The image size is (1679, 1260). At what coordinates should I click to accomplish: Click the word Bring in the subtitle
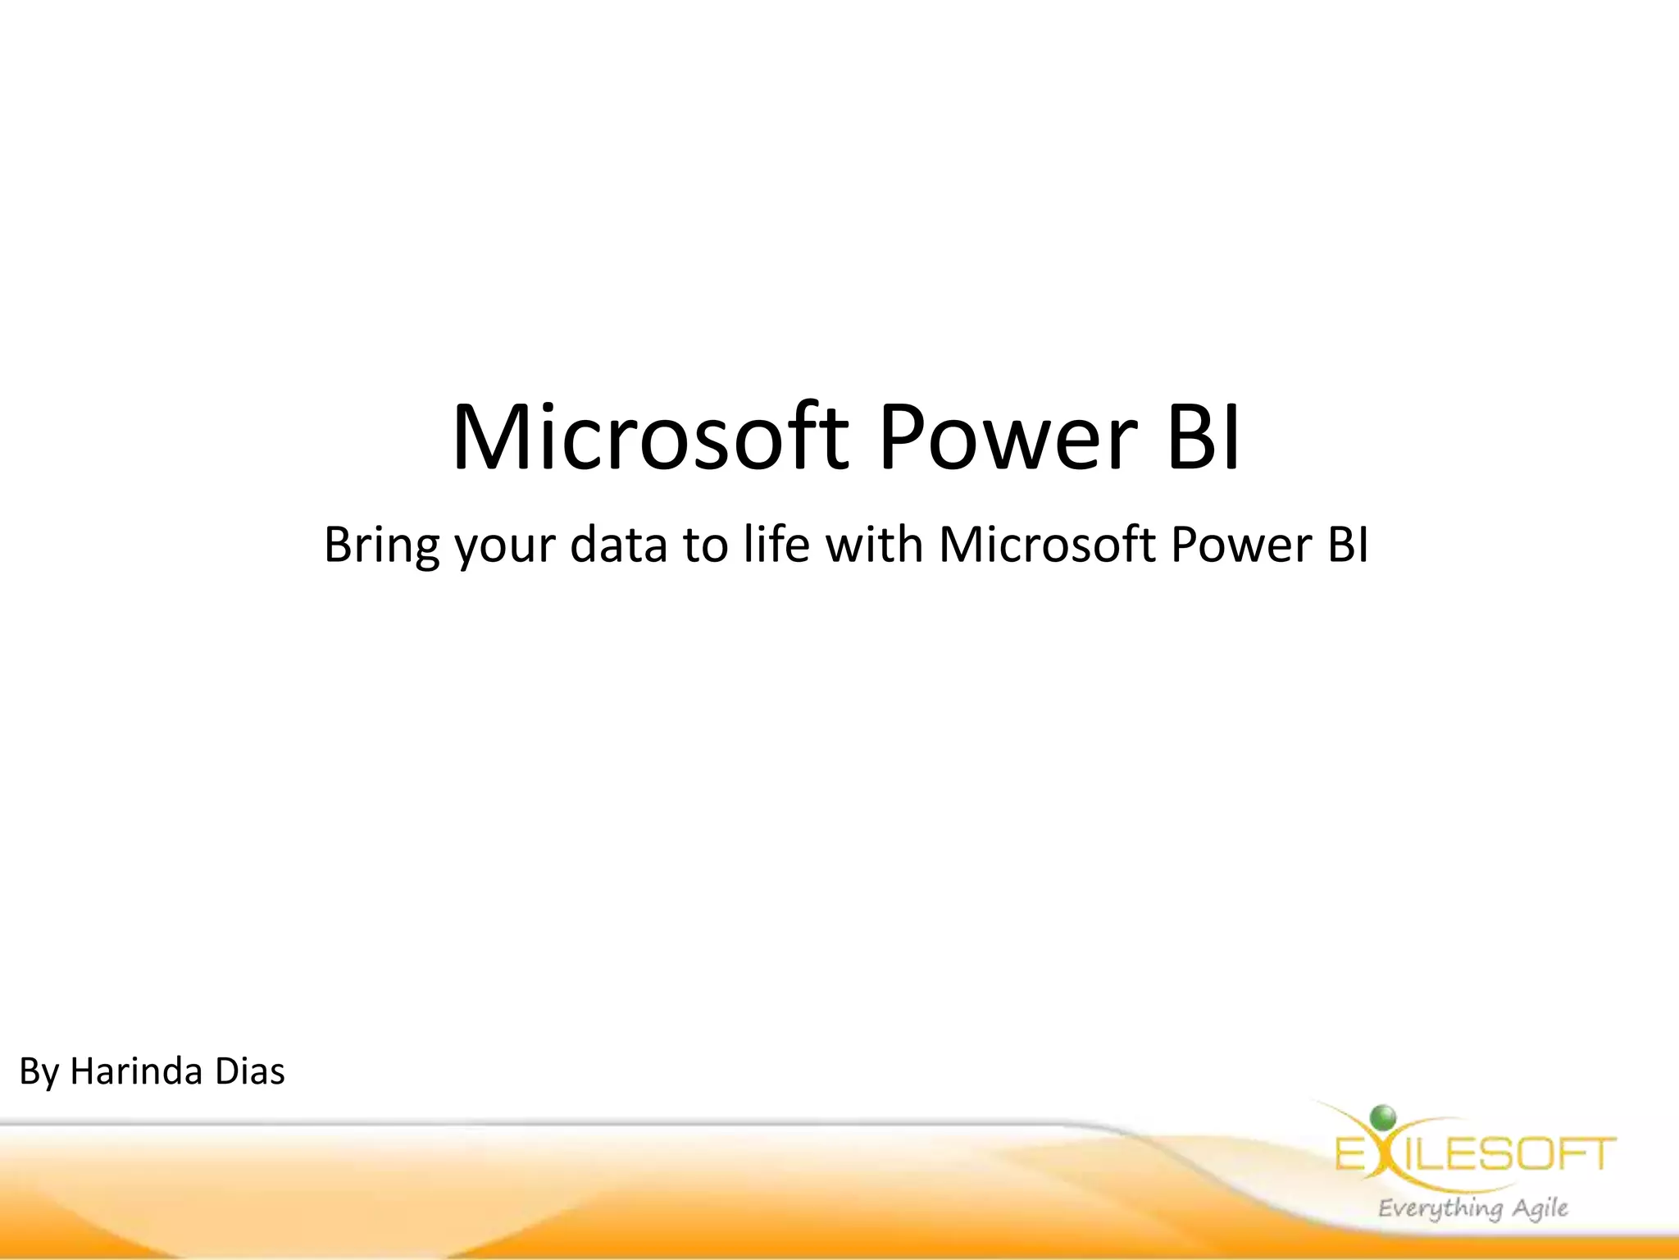coord(381,546)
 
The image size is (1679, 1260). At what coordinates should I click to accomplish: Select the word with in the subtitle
coord(874,544)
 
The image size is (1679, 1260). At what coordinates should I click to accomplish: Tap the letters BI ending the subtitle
coord(1348,544)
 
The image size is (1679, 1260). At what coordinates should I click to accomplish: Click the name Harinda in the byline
coord(136,1071)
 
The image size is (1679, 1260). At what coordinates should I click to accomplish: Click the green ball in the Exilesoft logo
coord(1382,1116)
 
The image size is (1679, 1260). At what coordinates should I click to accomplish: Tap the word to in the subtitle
coord(705,546)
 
